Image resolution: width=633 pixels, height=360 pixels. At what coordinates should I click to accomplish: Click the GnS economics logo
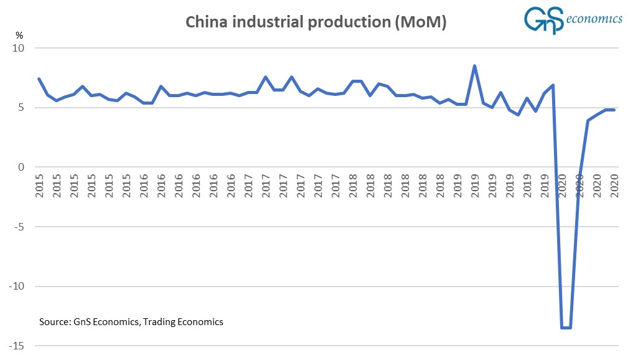click(x=572, y=19)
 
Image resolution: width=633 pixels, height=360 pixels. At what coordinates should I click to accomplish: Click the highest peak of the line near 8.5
click(x=475, y=65)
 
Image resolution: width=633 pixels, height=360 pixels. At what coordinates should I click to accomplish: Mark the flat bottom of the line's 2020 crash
click(x=566, y=328)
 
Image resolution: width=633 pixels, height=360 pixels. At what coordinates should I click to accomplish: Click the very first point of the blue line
click(x=39, y=78)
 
